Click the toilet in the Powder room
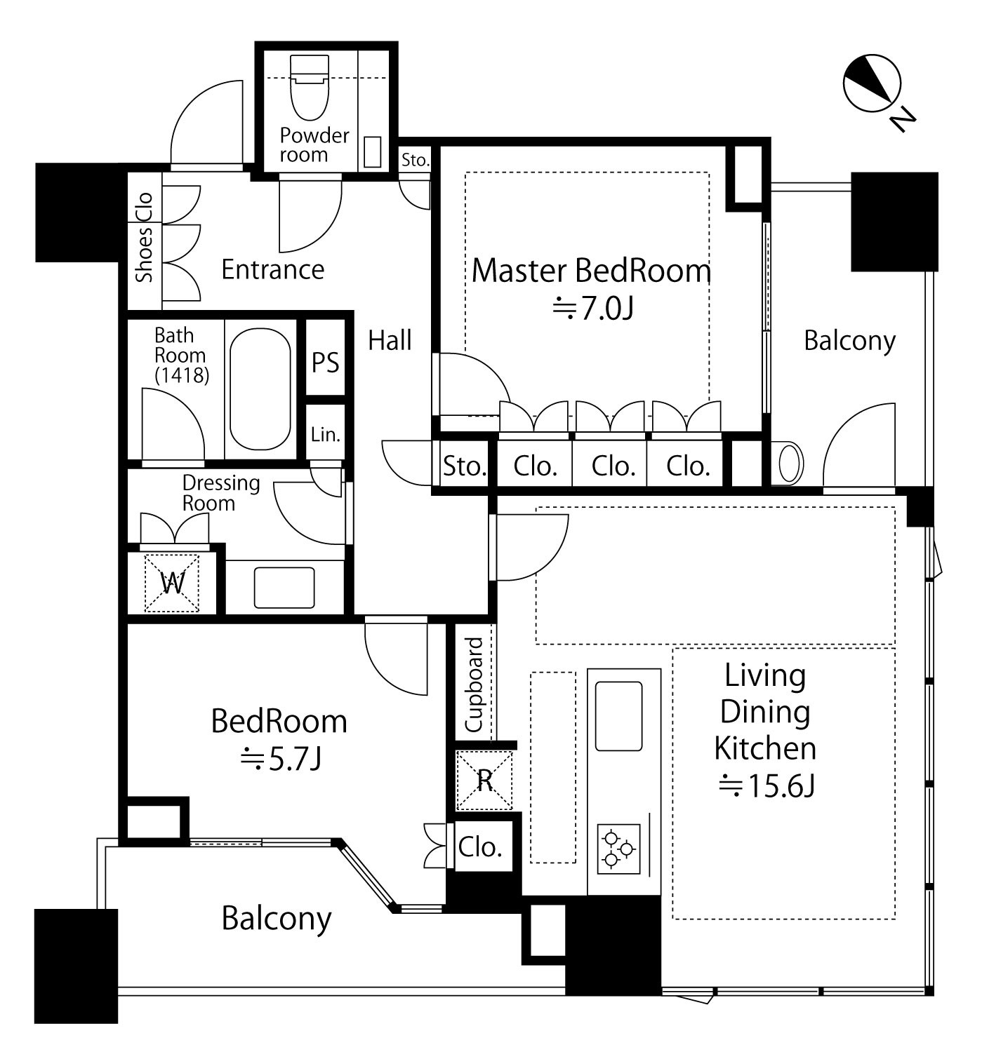[309, 88]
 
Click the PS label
[325, 363]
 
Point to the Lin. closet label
[325, 434]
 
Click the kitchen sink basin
[618, 716]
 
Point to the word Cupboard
[474, 685]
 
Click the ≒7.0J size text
[593, 309]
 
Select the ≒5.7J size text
[281, 759]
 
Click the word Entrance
[272, 269]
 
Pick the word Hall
[390, 340]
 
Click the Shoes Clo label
[144, 237]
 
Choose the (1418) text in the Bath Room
[182, 375]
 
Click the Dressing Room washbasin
[284, 588]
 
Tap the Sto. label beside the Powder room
[415, 159]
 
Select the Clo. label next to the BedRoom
[480, 847]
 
